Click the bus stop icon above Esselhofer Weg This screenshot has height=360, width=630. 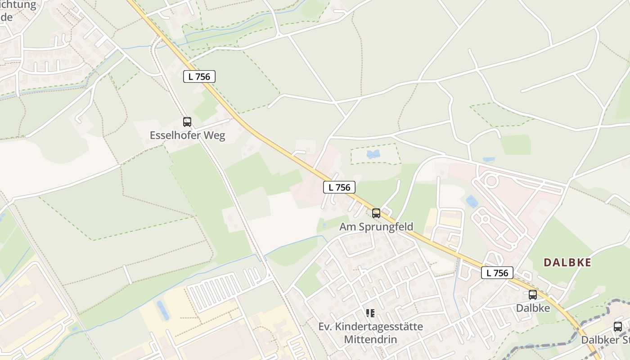(187, 121)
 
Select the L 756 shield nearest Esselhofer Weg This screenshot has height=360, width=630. (199, 76)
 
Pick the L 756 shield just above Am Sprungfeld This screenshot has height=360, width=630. (339, 187)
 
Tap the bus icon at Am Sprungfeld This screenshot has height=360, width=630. (376, 213)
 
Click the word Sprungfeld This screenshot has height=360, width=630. (386, 227)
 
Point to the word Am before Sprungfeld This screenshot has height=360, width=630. (347, 227)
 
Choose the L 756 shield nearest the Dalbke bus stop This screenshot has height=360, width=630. (497, 273)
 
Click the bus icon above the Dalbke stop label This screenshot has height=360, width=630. (533, 295)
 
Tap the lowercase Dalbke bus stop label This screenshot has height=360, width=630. (533, 308)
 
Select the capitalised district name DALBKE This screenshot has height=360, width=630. (567, 263)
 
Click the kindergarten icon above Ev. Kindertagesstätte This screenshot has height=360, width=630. (370, 313)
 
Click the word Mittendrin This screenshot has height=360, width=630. (370, 339)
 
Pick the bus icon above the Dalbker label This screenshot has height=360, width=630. (618, 327)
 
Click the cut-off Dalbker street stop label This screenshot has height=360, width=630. (605, 340)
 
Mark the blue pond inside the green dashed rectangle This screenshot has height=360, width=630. (373, 154)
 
